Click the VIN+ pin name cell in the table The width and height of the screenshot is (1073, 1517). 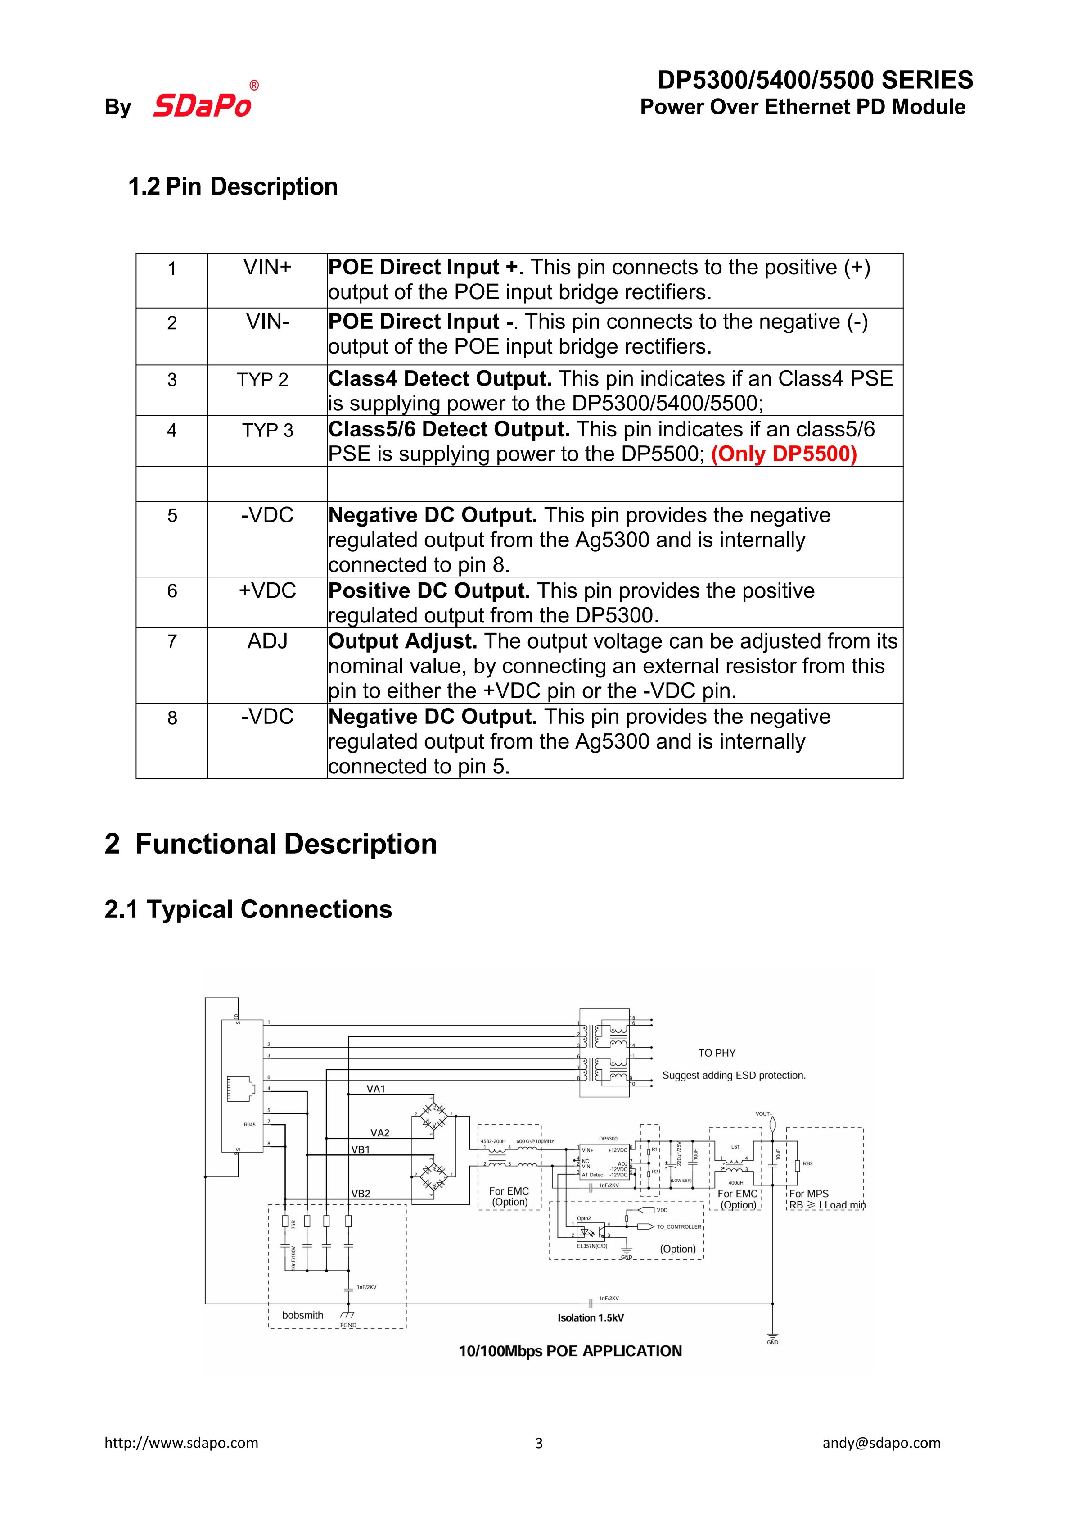(x=267, y=268)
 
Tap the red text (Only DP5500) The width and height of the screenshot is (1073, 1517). (x=784, y=454)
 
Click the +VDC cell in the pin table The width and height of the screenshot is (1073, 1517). (x=267, y=591)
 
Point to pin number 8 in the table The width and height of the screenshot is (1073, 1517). (x=172, y=718)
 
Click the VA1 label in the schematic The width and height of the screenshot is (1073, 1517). (x=376, y=1089)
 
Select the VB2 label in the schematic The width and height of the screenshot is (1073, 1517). (x=361, y=1194)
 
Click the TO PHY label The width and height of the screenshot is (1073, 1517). (x=716, y=1053)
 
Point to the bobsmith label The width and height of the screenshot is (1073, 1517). (x=302, y=1315)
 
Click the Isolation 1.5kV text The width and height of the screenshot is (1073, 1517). (x=590, y=1318)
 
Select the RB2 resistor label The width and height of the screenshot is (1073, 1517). (x=807, y=1163)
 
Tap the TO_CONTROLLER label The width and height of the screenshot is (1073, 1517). (x=679, y=1227)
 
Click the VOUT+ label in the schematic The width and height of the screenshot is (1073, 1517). (x=764, y=1114)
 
